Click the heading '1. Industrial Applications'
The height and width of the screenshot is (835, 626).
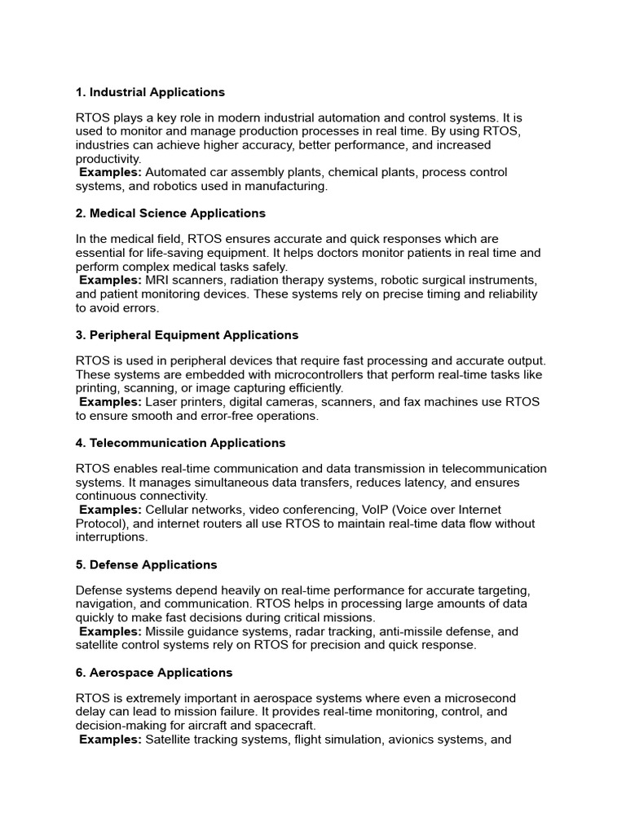coord(150,92)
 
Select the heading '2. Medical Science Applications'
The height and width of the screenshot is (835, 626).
coord(170,213)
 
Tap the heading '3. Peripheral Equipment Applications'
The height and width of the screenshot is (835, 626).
coord(187,335)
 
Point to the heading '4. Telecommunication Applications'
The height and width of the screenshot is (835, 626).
coord(180,443)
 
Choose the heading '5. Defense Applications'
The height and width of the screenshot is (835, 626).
coord(147,564)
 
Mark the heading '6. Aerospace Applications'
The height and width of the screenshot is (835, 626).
coord(154,673)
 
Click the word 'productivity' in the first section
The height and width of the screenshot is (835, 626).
coord(108,158)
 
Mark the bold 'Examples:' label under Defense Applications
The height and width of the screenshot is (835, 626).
coord(111,632)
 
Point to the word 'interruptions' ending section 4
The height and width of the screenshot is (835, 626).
coord(112,537)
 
